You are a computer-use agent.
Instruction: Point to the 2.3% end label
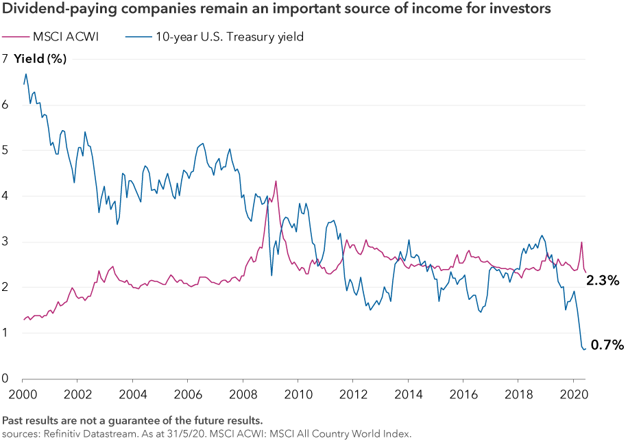(603, 280)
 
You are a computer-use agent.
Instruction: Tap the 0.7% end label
(607, 345)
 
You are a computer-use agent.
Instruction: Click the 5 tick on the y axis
(5, 151)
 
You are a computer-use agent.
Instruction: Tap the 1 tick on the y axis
(5, 333)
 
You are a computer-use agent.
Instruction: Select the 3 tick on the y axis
(5, 242)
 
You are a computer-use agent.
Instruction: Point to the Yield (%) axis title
(40, 59)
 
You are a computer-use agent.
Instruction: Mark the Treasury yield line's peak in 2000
(26, 74)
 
